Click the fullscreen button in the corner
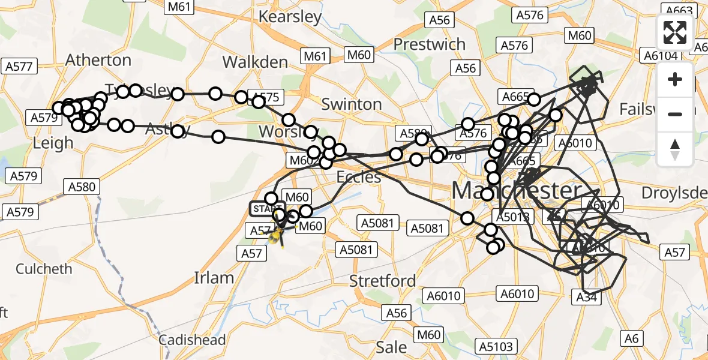coord(675,32)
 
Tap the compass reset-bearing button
coord(675,149)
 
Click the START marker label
coord(267,208)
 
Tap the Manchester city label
coord(516,191)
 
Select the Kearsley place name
coord(290,16)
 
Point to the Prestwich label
coord(429,44)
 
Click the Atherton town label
coord(98,60)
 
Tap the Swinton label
coord(352,104)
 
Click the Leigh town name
coord(53,143)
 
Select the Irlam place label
coord(214,278)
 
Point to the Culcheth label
coord(44,268)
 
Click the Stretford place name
coord(383,281)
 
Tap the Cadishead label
coord(192,340)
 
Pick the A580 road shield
coord(82,187)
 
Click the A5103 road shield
coord(496,346)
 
